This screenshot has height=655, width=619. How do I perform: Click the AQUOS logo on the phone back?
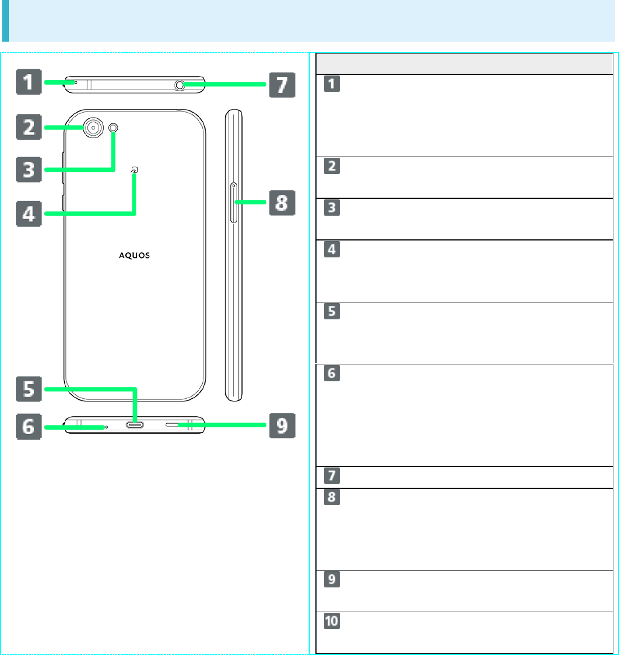[134, 255]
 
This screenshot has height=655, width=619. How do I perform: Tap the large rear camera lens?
[92, 128]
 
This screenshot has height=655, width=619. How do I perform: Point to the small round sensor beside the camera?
[114, 128]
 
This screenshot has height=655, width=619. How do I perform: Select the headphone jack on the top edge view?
[180, 84]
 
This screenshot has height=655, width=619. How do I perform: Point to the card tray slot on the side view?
[234, 202]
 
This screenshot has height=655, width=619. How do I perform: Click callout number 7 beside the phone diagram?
[282, 84]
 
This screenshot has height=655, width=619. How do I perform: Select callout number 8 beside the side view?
[282, 202]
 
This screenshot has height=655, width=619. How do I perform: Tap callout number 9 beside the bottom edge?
[282, 425]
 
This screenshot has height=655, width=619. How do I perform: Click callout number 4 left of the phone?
[28, 213]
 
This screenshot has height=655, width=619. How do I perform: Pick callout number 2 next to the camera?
[28, 127]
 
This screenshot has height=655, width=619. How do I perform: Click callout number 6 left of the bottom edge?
[28, 426]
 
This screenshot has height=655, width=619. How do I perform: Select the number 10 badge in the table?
[332, 621]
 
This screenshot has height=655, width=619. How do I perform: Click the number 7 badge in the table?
[332, 476]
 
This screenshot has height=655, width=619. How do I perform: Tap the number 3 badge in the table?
[332, 207]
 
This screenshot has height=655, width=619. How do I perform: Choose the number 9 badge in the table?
[332, 579]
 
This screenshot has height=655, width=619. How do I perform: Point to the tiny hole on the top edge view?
[76, 82]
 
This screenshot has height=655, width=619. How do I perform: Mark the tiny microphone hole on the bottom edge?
[106, 427]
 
